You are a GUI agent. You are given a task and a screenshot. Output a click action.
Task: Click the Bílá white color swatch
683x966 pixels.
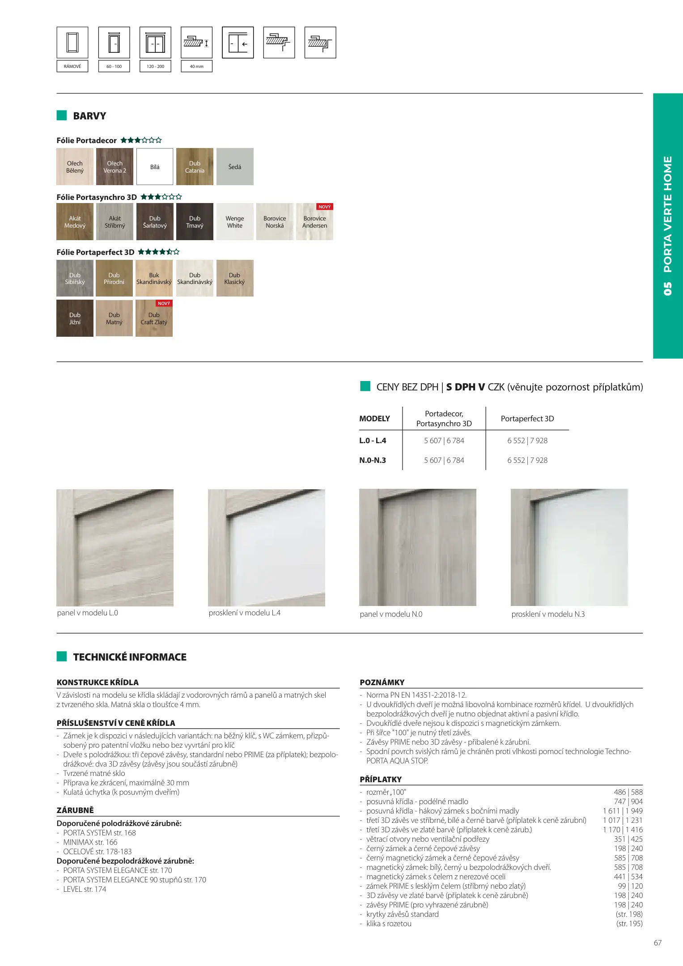[155, 167]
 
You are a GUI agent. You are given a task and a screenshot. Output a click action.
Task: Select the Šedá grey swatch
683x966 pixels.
[235, 167]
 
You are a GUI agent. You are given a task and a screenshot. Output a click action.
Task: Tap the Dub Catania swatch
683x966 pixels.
[195, 167]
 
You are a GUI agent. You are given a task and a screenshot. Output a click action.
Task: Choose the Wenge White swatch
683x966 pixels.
[235, 222]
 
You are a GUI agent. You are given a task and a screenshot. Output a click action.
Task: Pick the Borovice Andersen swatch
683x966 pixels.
[314, 222]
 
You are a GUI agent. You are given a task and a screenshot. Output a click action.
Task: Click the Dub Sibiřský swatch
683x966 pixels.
[75, 278]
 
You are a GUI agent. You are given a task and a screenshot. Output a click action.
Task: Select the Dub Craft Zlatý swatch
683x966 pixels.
[154, 318]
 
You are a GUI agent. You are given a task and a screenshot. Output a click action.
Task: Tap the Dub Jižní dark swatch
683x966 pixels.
[75, 318]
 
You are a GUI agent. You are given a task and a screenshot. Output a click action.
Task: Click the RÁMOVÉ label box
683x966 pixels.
[72, 66]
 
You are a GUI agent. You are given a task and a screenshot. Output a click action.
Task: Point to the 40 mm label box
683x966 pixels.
[196, 66]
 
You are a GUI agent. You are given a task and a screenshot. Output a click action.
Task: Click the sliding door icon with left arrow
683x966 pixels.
[238, 43]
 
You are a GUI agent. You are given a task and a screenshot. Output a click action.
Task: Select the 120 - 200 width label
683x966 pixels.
[155, 66]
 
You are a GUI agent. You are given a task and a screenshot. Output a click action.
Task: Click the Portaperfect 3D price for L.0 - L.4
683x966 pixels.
[527, 441]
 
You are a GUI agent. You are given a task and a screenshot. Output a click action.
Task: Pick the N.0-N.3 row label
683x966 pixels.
[373, 460]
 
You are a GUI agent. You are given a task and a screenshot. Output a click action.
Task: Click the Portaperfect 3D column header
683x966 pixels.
[527, 419]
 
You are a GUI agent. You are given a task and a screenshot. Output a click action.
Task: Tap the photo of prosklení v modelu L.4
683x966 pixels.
[267, 547]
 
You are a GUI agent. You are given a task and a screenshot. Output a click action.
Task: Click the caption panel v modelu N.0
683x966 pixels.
[391, 614]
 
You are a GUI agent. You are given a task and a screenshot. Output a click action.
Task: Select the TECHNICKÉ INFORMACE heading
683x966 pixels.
[130, 657]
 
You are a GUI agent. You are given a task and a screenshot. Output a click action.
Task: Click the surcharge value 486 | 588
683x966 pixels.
[628, 792]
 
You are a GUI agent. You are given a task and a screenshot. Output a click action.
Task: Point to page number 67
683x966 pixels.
[658, 943]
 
